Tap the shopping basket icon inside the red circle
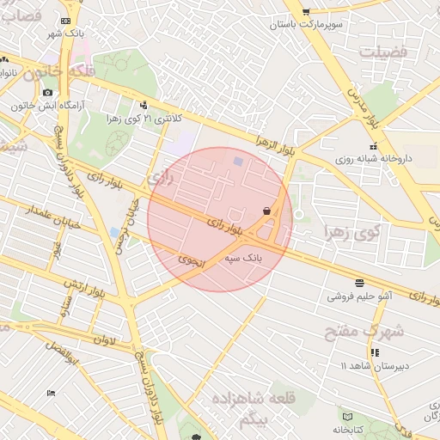[267, 211]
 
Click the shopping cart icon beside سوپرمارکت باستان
[306, 11]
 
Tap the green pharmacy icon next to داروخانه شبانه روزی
[335, 159]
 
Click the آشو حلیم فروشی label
[358, 296]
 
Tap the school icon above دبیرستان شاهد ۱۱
[374, 352]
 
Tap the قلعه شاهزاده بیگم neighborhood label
[258, 407]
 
